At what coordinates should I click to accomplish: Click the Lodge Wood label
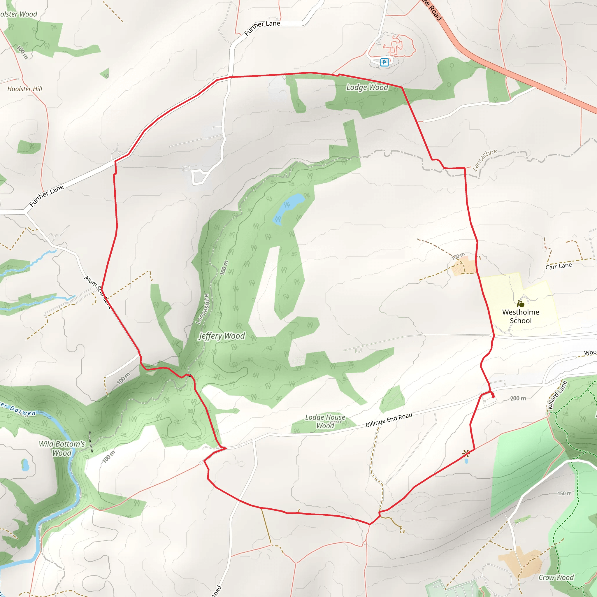(367, 87)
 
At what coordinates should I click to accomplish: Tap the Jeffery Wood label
(222, 336)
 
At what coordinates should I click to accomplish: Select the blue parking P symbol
(384, 62)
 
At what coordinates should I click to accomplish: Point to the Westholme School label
(521, 316)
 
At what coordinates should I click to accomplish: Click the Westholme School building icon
(521, 304)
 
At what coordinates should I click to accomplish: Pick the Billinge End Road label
(389, 420)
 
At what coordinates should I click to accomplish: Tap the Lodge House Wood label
(325, 422)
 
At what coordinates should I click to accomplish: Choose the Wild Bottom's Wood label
(62, 448)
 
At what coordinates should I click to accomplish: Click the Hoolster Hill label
(25, 89)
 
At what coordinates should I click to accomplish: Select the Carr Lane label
(559, 266)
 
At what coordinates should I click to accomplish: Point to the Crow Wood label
(556, 577)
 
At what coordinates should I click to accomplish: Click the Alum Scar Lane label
(97, 292)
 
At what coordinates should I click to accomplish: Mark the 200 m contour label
(518, 398)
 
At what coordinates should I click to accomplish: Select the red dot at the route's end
(493, 396)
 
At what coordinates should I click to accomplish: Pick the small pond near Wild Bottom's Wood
(25, 465)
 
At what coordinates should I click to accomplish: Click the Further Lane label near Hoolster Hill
(46, 196)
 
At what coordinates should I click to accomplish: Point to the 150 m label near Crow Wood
(564, 494)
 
